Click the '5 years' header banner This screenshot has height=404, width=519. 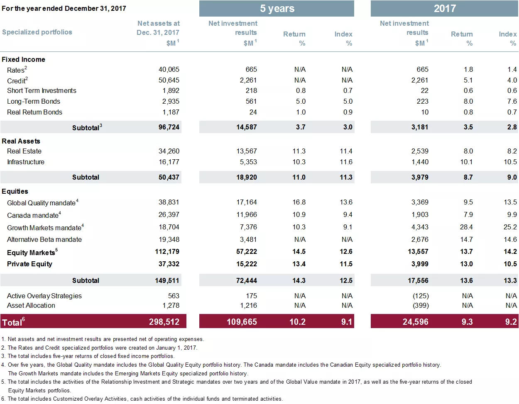(x=277, y=9)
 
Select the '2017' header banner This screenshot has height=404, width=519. (x=444, y=9)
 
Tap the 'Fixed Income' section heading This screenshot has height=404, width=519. (x=23, y=59)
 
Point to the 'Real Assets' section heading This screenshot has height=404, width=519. (x=21, y=141)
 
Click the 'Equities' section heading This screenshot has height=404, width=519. (x=15, y=191)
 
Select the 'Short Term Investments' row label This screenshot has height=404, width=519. (x=42, y=90)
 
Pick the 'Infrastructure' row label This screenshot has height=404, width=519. (x=26, y=162)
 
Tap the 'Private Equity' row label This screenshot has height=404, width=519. (x=29, y=264)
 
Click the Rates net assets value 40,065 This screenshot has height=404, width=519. (x=169, y=69)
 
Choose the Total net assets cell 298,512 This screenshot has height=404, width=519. (x=164, y=322)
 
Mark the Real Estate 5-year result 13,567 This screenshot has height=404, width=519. (x=247, y=151)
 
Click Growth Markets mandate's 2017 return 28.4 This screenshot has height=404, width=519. (x=466, y=227)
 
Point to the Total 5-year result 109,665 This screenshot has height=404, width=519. (x=242, y=322)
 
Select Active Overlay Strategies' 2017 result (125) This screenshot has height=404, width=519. (x=421, y=296)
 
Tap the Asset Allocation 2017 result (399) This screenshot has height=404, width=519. (x=421, y=305)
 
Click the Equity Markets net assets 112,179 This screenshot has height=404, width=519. (x=167, y=251)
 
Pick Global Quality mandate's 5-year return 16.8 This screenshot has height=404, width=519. (x=299, y=202)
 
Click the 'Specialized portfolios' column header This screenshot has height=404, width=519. (x=37, y=32)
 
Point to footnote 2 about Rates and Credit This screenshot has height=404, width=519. (x=100, y=348)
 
